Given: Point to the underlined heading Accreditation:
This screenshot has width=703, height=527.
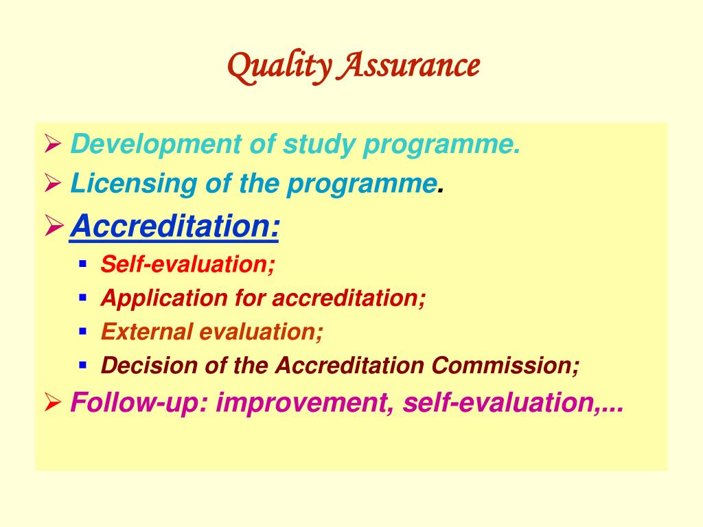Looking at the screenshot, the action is pyautogui.click(x=174, y=226).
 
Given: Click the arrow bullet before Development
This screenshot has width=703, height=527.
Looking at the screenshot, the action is pyautogui.click(x=53, y=144).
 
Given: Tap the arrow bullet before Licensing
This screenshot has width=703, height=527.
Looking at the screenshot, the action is pyautogui.click(x=53, y=183).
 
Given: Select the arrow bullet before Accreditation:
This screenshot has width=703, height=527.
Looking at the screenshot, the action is pyautogui.click(x=54, y=225).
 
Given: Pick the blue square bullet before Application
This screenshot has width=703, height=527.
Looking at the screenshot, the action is pyautogui.click(x=82, y=297).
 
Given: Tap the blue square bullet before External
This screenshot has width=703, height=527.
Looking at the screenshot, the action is pyautogui.click(x=82, y=331).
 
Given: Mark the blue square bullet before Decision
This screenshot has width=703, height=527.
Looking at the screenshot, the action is pyautogui.click(x=82, y=365).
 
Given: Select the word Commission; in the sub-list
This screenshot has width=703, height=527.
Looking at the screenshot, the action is pyautogui.click(x=505, y=365).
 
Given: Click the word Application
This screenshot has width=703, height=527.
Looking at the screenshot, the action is pyautogui.click(x=164, y=298).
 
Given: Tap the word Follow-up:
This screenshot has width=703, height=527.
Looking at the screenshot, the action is pyautogui.click(x=139, y=402).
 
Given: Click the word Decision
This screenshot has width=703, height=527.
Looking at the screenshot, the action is pyautogui.click(x=149, y=365).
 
